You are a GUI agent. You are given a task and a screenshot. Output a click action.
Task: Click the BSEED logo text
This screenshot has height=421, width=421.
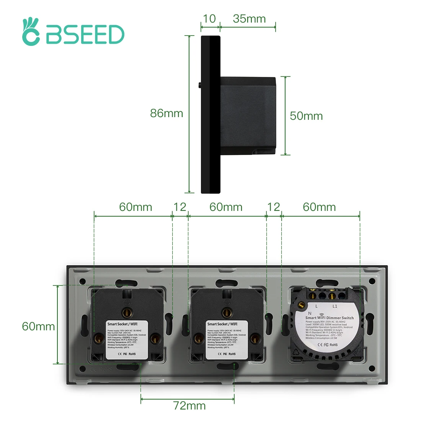click(x=85, y=35)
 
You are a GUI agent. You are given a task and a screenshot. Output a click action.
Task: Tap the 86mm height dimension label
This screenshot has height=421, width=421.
click(x=166, y=113)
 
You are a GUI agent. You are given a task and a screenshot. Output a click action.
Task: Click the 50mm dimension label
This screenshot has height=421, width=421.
click(x=306, y=116)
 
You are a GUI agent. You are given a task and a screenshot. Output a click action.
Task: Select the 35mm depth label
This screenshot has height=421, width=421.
click(x=249, y=19)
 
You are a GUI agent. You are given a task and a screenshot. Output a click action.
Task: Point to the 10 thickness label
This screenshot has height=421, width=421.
click(x=209, y=19)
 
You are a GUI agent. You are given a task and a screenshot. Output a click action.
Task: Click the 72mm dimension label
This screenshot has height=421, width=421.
click(x=189, y=406)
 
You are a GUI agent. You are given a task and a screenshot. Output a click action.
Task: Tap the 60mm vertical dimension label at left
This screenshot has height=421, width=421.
click(x=38, y=326)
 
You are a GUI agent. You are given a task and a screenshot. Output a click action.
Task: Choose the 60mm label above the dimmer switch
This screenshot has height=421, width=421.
click(x=319, y=207)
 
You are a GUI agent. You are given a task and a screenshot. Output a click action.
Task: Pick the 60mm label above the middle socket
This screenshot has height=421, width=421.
click(x=226, y=207)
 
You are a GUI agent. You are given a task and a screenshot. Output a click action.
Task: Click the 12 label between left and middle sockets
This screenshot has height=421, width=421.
click(x=179, y=207)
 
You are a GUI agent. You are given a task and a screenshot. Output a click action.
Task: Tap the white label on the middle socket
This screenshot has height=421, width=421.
click(x=227, y=340)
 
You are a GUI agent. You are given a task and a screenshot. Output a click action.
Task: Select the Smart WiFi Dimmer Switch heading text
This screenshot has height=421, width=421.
click(x=330, y=318)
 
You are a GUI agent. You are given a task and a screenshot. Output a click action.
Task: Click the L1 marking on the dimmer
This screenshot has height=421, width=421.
click(x=335, y=307)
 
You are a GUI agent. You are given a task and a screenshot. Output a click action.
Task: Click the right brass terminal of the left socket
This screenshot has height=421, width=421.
click(x=155, y=338)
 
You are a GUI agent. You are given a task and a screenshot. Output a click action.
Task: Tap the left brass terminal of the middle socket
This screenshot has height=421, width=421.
click(x=198, y=338)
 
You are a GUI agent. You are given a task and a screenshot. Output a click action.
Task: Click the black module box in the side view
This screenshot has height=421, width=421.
click(x=248, y=115)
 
